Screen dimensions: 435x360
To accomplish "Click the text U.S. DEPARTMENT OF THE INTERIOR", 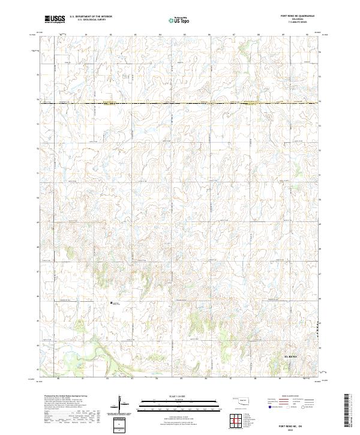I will pos(91,16).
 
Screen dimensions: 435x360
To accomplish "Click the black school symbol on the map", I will pos(111,303).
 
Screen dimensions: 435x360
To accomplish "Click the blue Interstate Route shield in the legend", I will pos(269,407).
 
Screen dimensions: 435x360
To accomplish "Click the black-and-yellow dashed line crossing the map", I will pos(180,104).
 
